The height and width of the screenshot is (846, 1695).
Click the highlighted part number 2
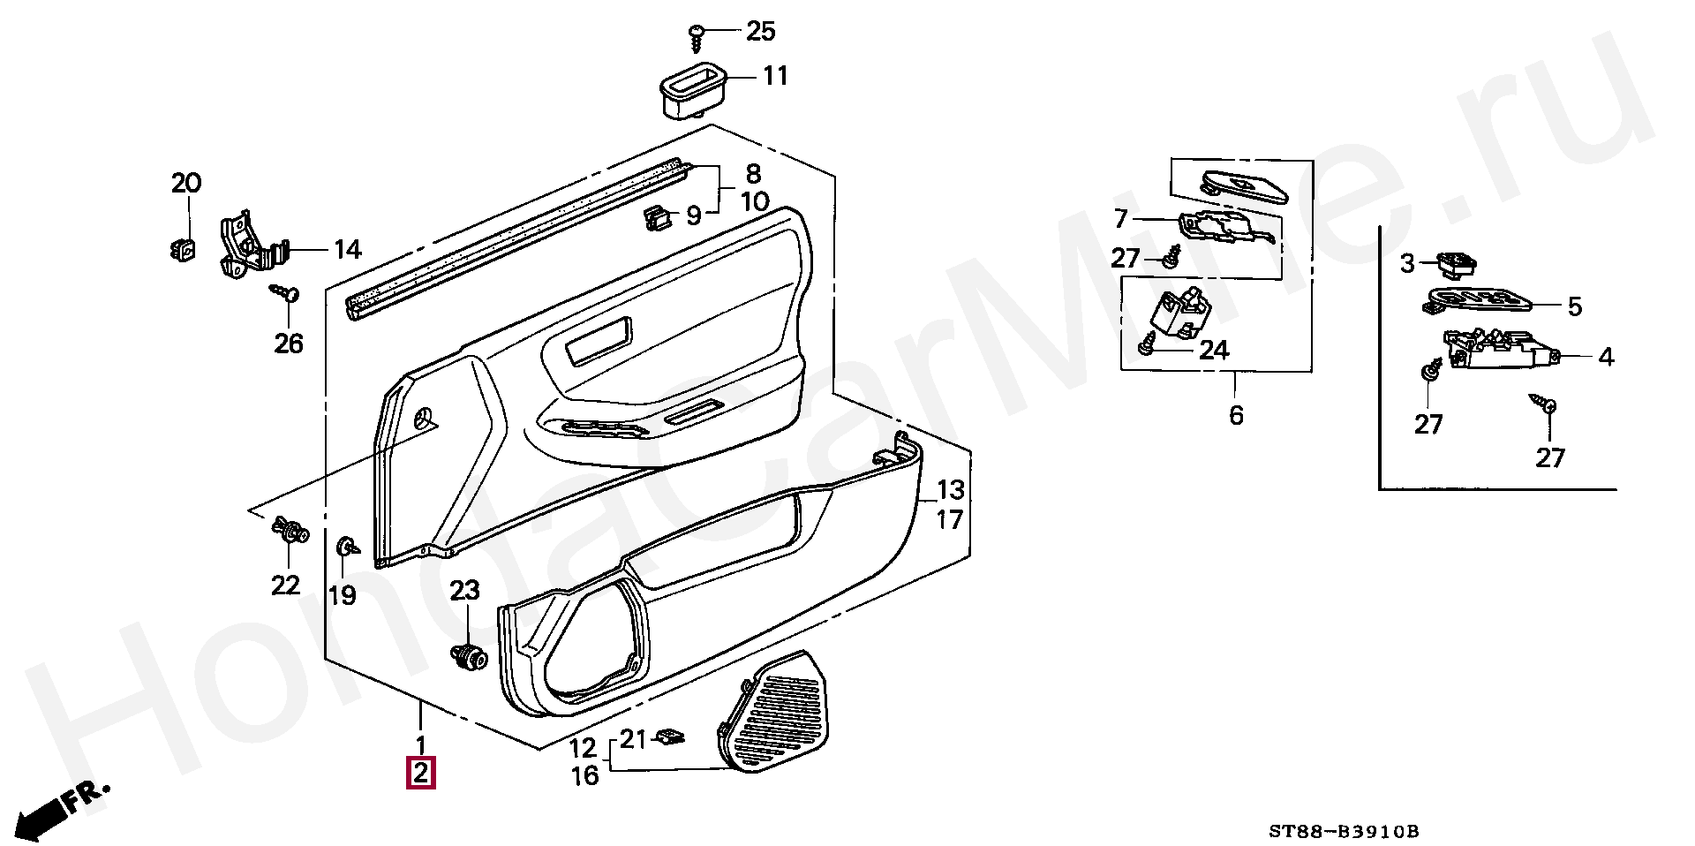click(421, 774)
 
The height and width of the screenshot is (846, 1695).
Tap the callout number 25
click(760, 32)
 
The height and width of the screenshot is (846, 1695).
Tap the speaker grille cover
click(777, 712)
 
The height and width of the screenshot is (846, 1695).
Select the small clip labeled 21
click(675, 736)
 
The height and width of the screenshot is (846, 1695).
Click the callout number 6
click(1235, 414)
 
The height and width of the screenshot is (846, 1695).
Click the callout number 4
click(1606, 357)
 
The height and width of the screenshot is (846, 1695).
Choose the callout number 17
click(950, 520)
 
